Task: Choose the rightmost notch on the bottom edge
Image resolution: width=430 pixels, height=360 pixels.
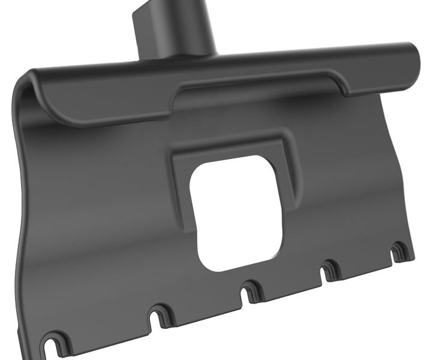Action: point(399,251)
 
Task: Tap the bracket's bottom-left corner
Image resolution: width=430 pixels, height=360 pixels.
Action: point(43,351)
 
